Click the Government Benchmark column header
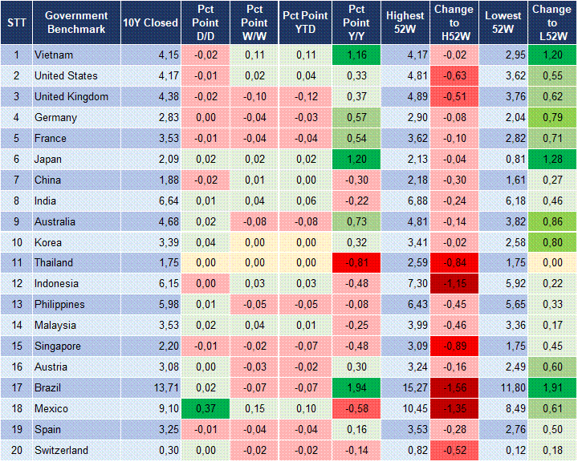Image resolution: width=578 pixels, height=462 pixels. point(76,22)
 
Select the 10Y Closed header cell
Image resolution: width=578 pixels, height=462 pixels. point(150,22)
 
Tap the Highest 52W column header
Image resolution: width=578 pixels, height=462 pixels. point(405,22)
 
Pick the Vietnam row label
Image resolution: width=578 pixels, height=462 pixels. point(55,55)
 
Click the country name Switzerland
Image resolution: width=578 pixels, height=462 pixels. point(61,450)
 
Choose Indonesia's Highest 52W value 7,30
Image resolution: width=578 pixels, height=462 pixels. point(405,284)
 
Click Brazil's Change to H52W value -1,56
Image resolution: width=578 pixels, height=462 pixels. point(455,387)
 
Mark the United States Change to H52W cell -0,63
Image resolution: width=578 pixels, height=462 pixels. point(455,76)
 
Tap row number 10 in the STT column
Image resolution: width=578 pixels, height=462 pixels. point(16,242)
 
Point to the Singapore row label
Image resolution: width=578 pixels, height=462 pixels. point(58,346)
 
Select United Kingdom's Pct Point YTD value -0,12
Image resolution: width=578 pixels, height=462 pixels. point(305,97)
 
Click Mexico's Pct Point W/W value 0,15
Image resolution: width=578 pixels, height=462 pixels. point(255,408)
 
